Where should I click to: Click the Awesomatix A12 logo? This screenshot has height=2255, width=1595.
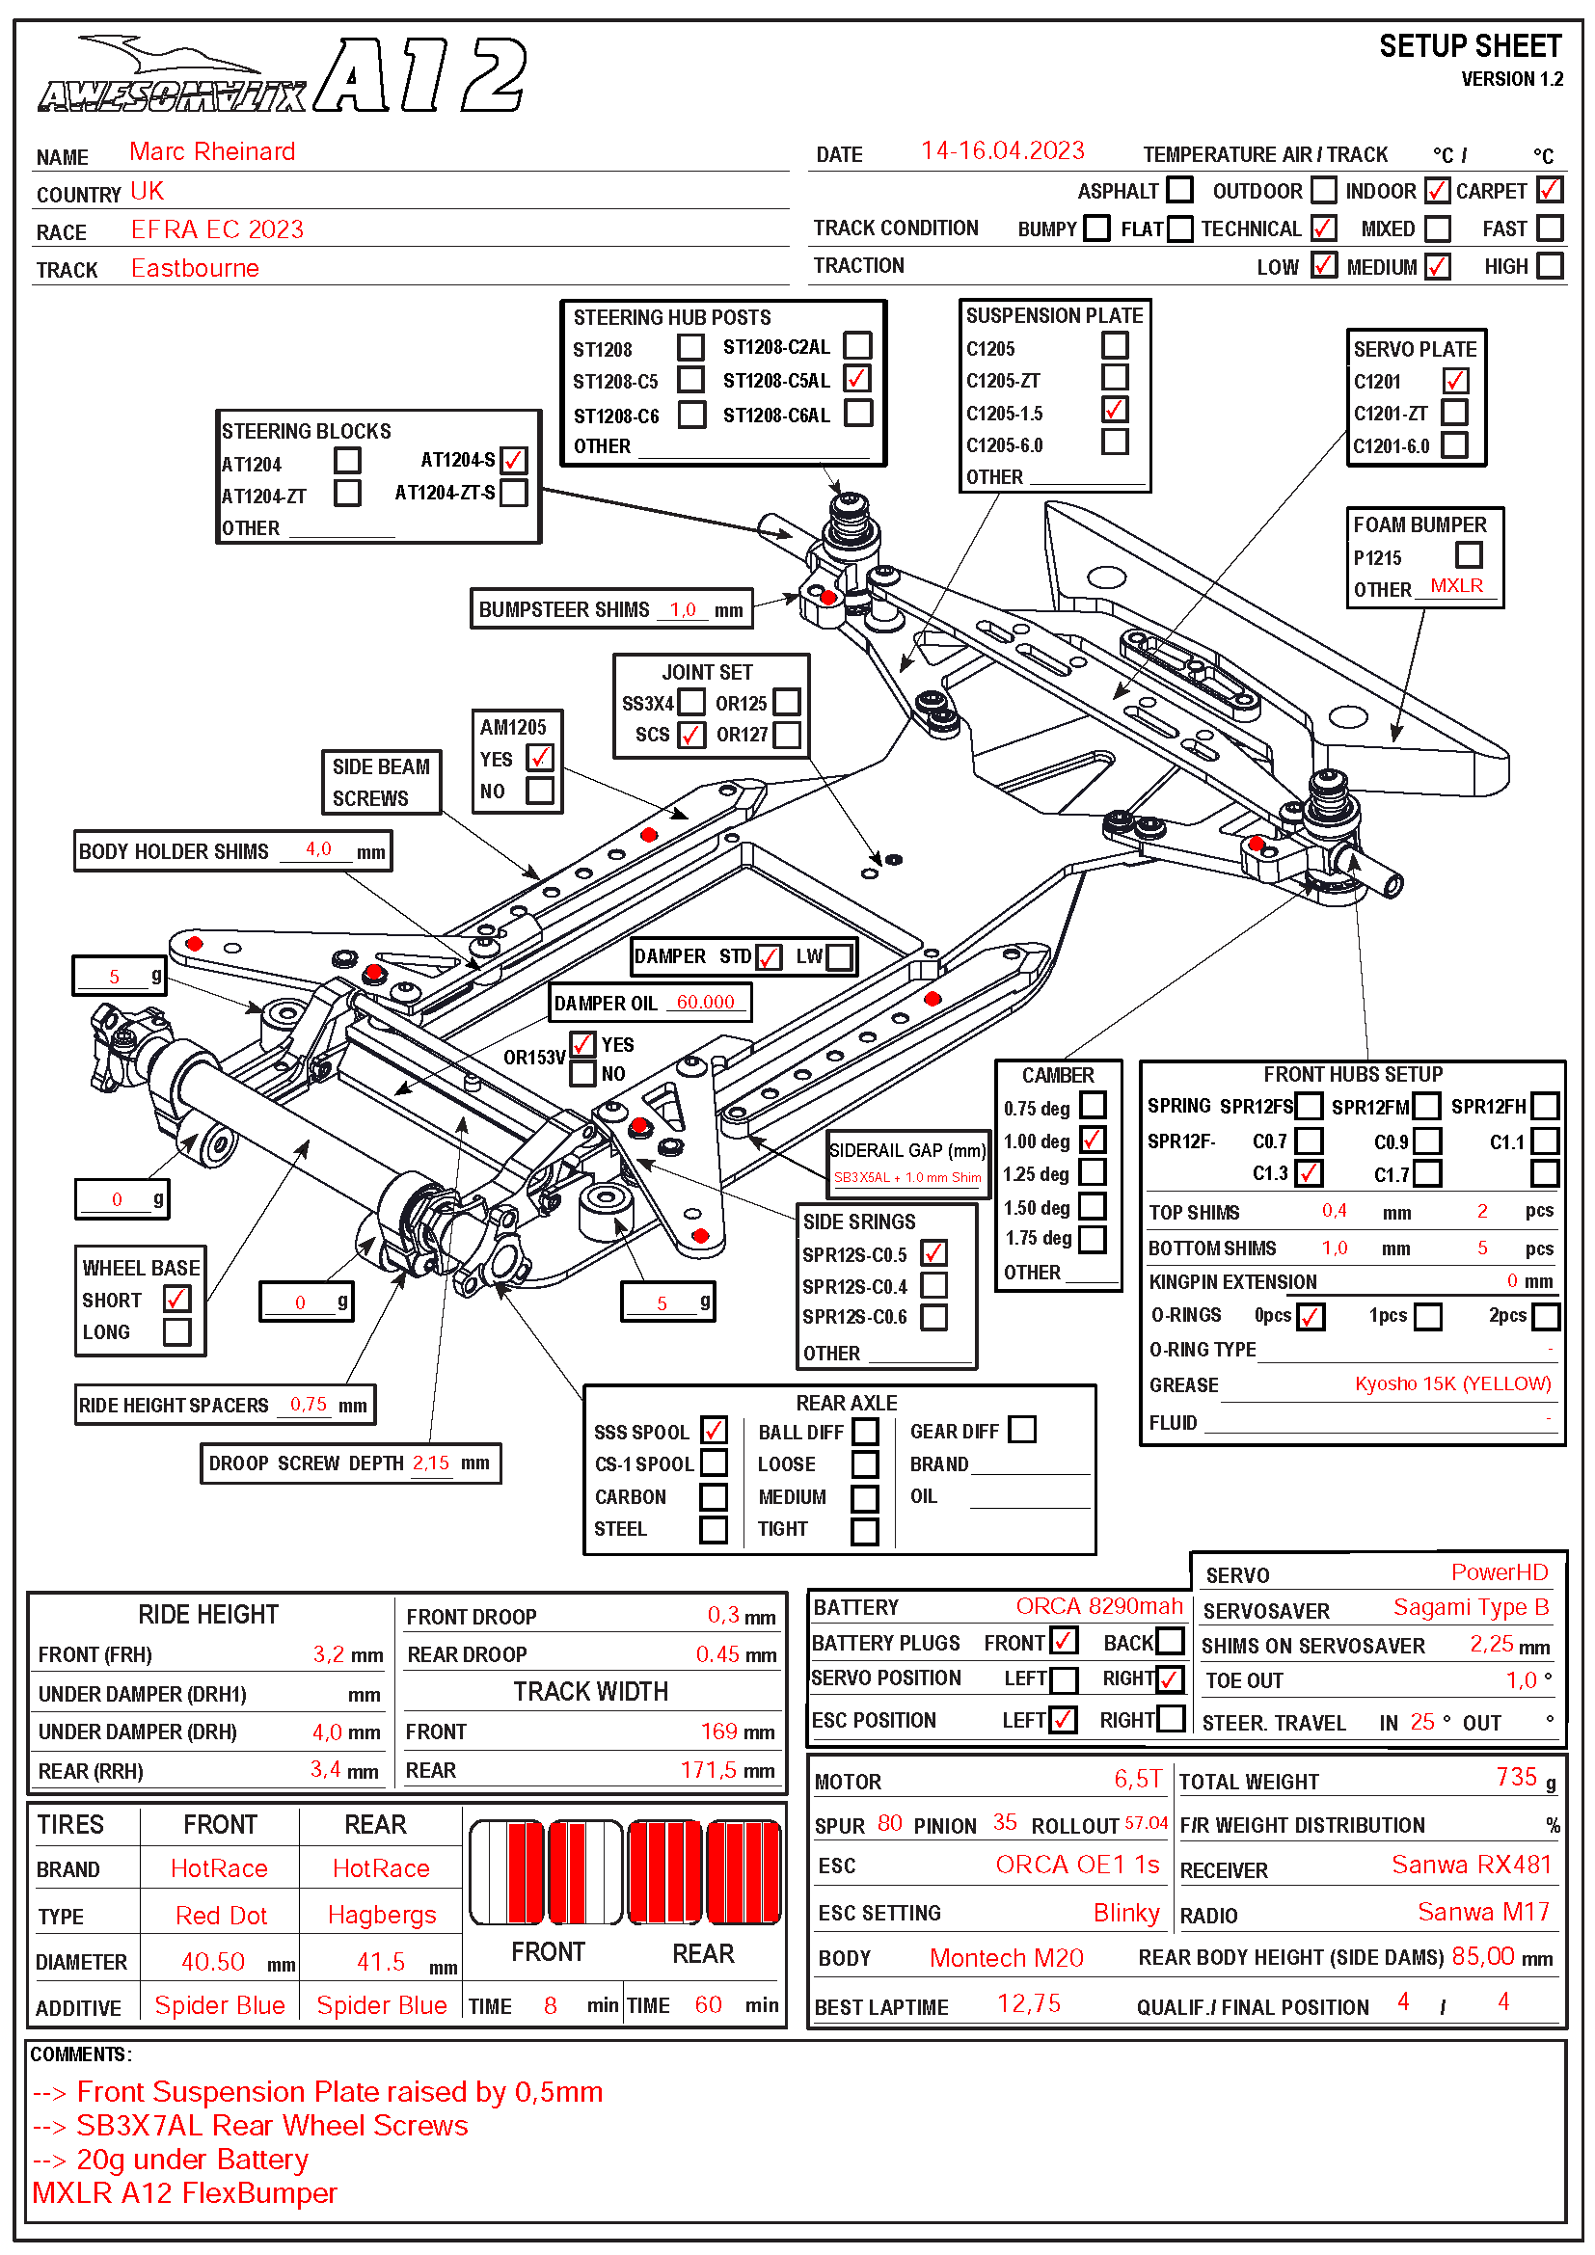[283, 75]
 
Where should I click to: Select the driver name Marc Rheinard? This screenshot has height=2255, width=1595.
[212, 152]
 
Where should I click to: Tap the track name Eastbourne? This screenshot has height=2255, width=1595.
[195, 269]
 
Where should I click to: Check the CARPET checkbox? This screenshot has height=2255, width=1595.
[1549, 190]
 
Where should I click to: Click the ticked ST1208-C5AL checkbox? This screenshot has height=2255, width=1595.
[857, 379]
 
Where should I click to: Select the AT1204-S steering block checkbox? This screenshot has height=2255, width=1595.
[514, 460]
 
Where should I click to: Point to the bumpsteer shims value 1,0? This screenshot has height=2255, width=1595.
[683, 610]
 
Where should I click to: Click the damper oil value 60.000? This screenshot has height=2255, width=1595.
[704, 1003]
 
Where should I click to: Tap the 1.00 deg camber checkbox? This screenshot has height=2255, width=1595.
[1093, 1141]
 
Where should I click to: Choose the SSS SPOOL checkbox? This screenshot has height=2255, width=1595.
[714, 1430]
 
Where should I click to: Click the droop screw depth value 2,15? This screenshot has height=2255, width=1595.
[431, 1463]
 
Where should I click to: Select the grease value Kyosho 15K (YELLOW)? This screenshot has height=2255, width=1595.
[1451, 1383]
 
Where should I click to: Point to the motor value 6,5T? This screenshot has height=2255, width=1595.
[1137, 1779]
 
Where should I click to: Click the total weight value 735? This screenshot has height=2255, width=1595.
[1516, 1777]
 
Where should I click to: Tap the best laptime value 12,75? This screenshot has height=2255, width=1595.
[1028, 2003]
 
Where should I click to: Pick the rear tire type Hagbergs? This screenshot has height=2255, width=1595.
[381, 1916]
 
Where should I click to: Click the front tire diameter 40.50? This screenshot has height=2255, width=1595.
[212, 1962]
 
